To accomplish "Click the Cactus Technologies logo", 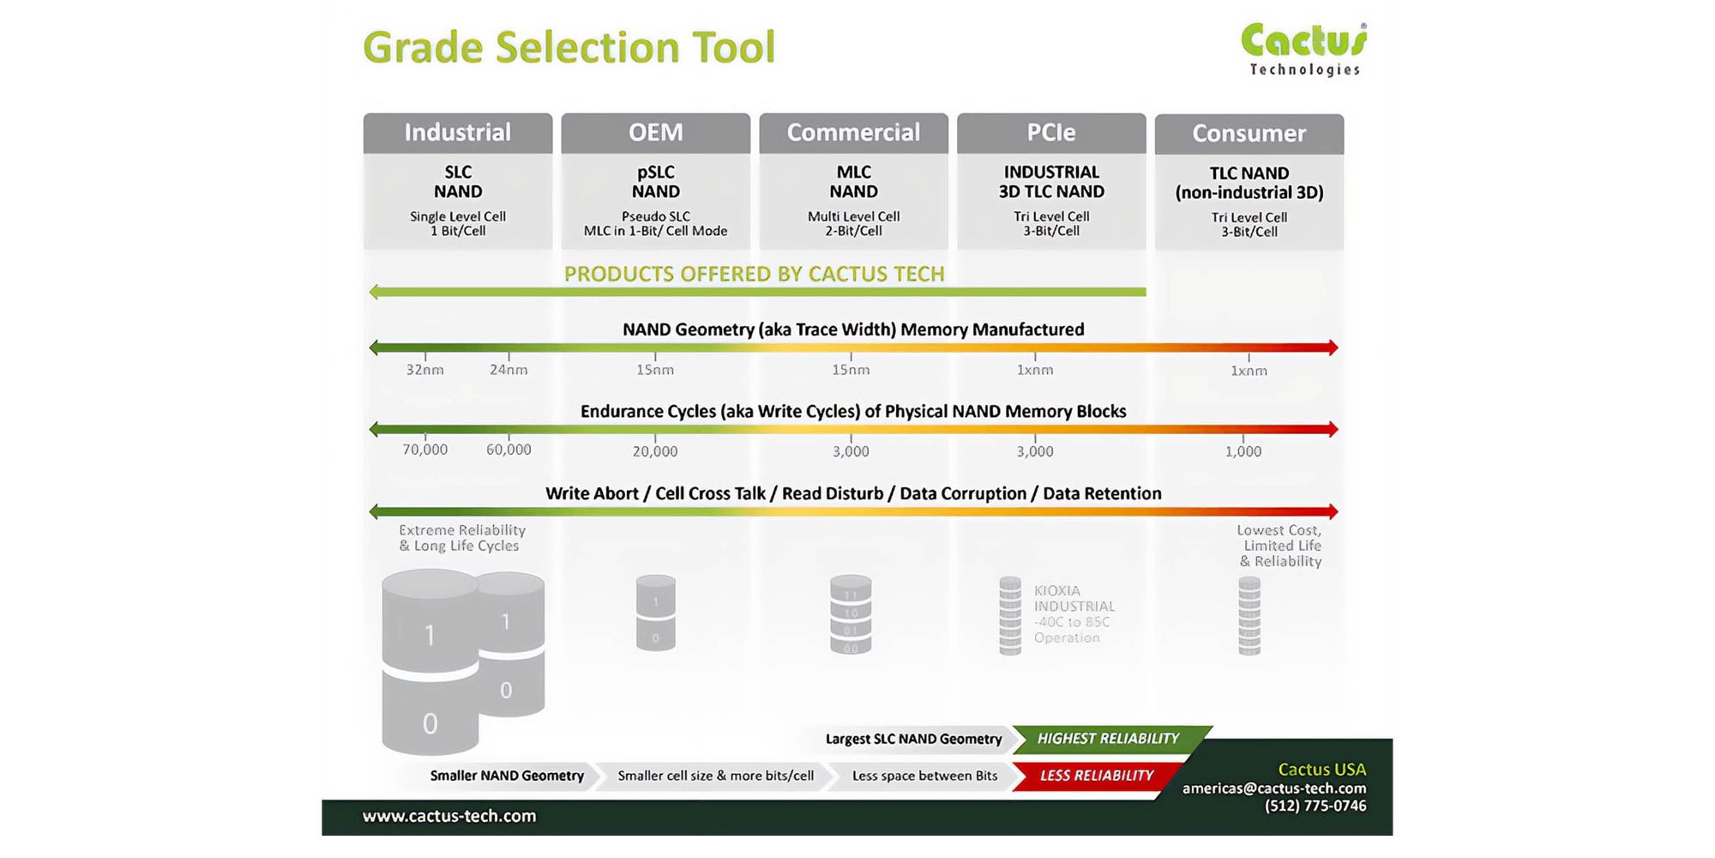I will point(1303,50).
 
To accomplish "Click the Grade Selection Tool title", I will point(569,47).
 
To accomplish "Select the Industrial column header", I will point(458,132).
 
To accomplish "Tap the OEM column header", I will point(656,132).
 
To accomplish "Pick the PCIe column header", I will point(1051,132).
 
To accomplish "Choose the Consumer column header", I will point(1249,133).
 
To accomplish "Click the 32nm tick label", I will point(425,370).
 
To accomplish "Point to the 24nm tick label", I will point(508,370).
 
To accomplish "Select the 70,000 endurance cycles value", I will point(425,450).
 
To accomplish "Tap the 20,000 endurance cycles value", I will point(655,451).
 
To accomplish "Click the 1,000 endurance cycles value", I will point(1243,451).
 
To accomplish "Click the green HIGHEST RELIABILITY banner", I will point(1108,739).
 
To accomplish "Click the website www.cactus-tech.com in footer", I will point(449,816).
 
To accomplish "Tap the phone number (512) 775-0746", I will point(1315,806).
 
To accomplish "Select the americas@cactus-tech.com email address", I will point(1274,788).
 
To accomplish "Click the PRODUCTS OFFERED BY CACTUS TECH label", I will point(754,274).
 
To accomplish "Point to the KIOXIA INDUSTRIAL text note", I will point(1074,614).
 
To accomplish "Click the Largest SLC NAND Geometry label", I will point(913,739).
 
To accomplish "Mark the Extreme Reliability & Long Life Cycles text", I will point(461,538).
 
